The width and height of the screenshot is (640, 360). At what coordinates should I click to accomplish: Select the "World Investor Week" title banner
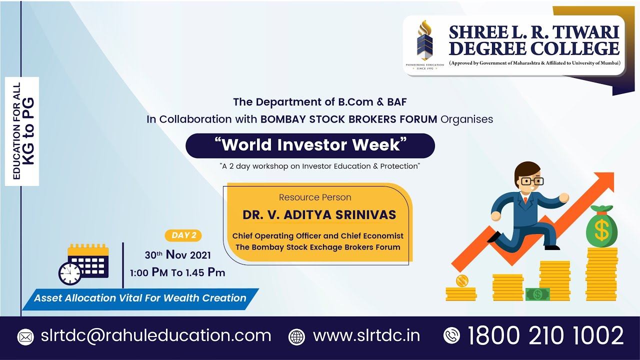click(x=310, y=145)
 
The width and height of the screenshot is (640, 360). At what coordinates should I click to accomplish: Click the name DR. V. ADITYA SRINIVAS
click(x=319, y=215)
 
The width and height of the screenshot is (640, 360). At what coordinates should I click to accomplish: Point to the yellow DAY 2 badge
click(x=183, y=235)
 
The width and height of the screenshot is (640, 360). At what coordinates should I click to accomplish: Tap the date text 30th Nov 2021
click(x=177, y=255)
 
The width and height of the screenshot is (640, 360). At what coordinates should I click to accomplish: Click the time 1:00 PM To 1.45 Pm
click(x=177, y=272)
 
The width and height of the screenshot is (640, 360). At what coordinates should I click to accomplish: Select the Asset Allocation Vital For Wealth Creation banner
click(x=140, y=298)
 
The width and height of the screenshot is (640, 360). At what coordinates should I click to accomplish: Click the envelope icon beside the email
click(x=25, y=336)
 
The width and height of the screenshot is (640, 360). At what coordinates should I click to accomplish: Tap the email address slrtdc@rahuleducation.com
click(x=156, y=335)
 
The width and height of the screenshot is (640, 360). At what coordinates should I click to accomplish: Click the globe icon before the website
click(x=296, y=336)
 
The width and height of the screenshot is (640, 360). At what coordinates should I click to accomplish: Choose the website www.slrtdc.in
click(x=366, y=335)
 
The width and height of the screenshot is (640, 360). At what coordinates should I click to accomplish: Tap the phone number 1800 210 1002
click(x=545, y=335)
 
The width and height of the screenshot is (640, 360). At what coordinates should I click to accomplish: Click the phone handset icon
click(x=451, y=335)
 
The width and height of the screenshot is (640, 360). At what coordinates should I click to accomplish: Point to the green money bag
click(x=601, y=228)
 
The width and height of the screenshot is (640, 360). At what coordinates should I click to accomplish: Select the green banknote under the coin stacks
click(x=537, y=294)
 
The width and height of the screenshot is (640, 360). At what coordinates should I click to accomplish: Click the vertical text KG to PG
click(x=29, y=131)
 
